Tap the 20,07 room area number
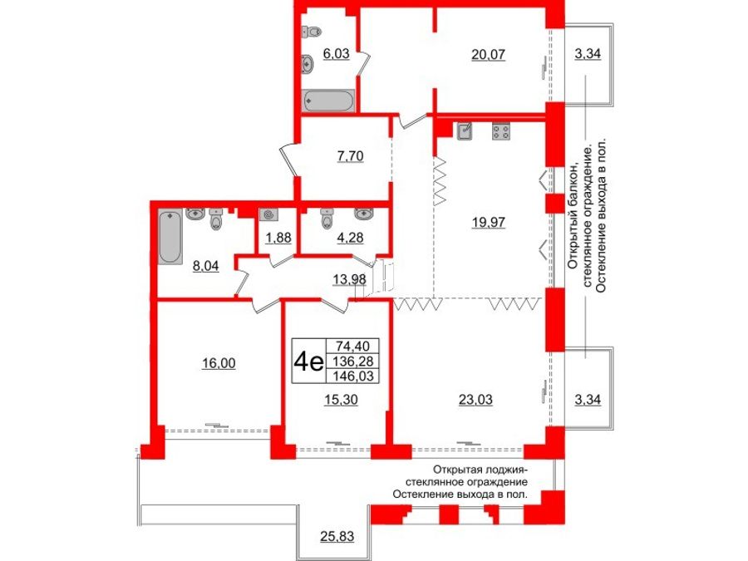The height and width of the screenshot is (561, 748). [489, 55]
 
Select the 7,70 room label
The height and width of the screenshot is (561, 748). [350, 155]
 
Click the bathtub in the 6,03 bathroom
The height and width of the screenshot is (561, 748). [329, 101]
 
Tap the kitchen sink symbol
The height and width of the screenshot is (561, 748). [466, 130]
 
